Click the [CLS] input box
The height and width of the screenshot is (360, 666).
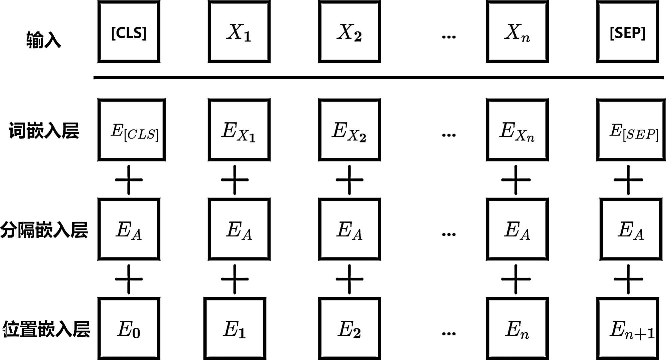click(x=129, y=32)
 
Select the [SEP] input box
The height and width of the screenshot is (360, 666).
click(x=627, y=32)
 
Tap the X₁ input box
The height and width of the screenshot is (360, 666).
click(x=239, y=32)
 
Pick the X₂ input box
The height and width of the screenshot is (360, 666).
click(x=349, y=32)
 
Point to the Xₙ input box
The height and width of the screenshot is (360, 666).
click(x=517, y=32)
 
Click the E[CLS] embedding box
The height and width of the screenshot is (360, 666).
click(x=132, y=130)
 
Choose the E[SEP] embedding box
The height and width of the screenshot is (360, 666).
click(x=631, y=130)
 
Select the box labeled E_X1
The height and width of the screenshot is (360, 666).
click(x=239, y=130)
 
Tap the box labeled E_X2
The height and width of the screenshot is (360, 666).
click(x=349, y=130)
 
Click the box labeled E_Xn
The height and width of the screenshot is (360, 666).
click(x=517, y=130)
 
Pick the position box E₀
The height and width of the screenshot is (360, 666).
click(x=129, y=328)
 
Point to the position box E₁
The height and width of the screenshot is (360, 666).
click(x=235, y=328)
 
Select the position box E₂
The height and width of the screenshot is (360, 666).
click(x=349, y=328)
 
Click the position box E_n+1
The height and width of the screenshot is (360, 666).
click(x=627, y=328)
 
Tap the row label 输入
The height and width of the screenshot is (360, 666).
click(x=44, y=40)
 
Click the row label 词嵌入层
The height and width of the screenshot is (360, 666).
click(x=44, y=131)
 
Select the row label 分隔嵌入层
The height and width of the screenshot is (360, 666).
click(x=44, y=230)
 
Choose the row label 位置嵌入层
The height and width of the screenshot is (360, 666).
click(x=46, y=329)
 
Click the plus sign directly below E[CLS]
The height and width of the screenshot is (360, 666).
click(x=129, y=180)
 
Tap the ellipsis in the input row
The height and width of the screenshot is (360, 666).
click(x=448, y=37)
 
